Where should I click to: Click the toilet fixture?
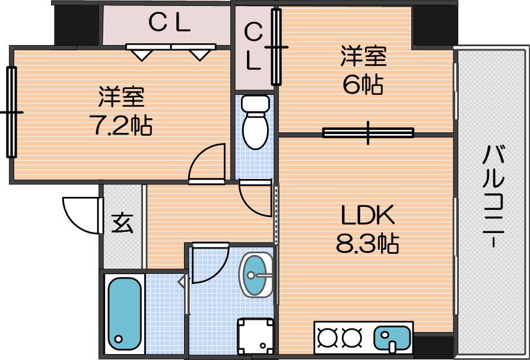[256, 122]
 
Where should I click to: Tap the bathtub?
[125, 314]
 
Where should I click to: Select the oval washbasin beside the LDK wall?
[256, 275]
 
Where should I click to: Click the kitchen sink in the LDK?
[392, 337]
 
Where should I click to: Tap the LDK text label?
[368, 215]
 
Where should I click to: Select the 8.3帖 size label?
[367, 243]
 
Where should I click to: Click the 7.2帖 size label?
[120, 125]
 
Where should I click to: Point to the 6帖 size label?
[363, 84]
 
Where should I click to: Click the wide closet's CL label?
[169, 23]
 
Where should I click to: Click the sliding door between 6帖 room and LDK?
[369, 133]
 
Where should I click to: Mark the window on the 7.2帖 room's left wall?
[11, 111]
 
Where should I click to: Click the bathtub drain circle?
[119, 339]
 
